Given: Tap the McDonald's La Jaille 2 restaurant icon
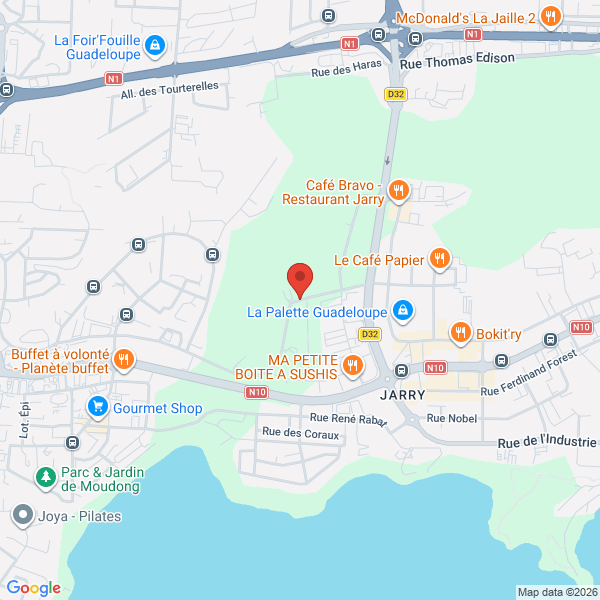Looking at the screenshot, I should [550, 16].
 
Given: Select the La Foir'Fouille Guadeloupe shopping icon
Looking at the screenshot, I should [154, 46].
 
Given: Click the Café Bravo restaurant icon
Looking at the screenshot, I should [398, 189].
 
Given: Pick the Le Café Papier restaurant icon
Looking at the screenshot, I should [438, 259].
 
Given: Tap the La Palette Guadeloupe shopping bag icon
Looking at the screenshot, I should [401, 311].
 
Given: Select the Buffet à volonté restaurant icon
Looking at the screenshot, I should [123, 358].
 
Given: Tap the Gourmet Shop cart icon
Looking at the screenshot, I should [97, 407].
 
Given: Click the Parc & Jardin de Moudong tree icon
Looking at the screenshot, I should [45, 477].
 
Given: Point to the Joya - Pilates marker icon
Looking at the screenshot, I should [22, 516].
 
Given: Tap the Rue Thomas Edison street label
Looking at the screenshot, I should [457, 60].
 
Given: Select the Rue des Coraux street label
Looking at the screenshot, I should [300, 434].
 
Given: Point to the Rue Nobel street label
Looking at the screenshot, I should [452, 418].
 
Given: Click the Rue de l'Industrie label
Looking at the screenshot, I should [546, 441].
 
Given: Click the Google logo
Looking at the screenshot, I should [34, 588].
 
